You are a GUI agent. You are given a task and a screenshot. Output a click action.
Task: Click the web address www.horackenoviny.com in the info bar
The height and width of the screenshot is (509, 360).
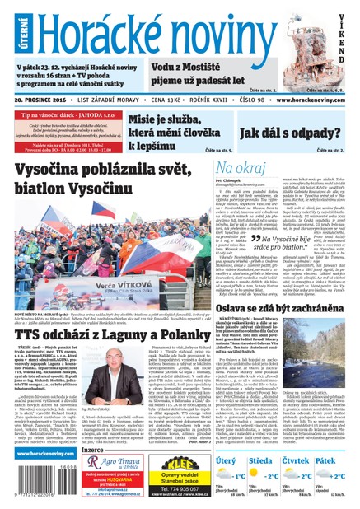point(312,99)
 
